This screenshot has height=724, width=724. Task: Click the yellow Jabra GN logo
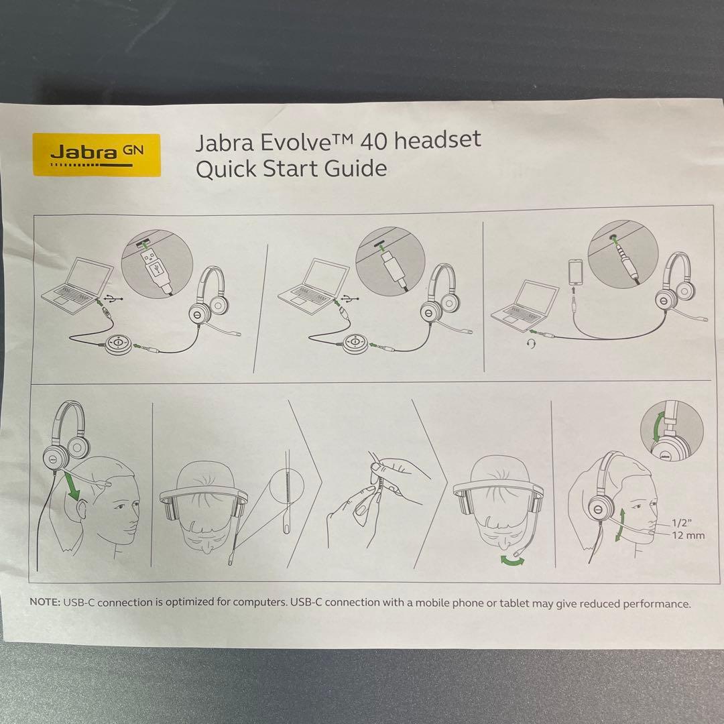coord(97,154)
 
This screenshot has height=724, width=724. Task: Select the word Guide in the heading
coord(355,168)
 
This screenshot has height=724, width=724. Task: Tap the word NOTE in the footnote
coord(45,602)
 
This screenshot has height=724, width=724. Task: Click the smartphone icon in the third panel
coord(575,273)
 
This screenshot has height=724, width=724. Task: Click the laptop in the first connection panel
coord(76,284)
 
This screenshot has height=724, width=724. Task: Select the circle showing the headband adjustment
coord(671,432)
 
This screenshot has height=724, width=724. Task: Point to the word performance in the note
coord(656,603)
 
